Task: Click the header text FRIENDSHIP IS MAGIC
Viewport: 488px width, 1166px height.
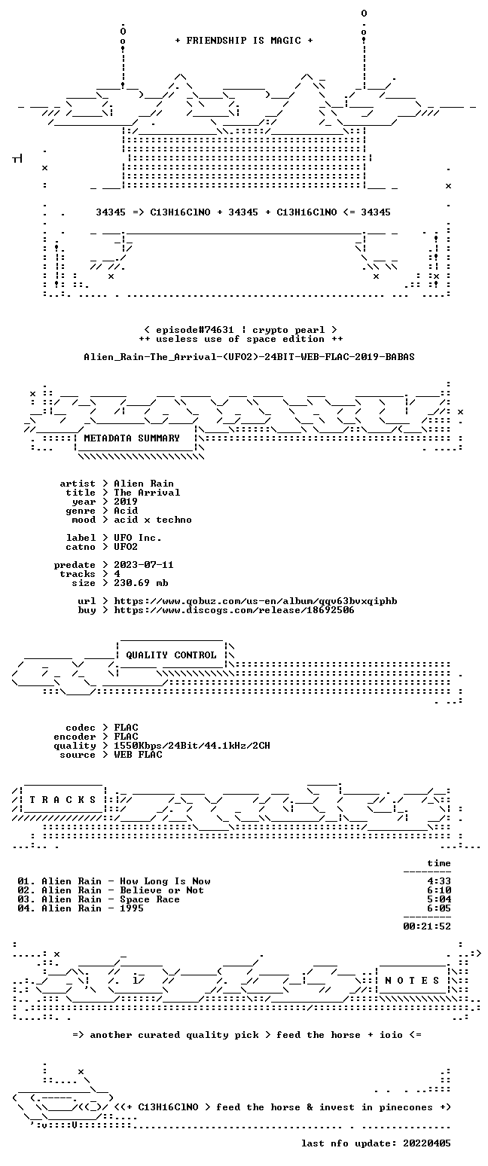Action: pos(244,41)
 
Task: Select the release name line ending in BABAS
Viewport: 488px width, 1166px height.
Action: pos(249,357)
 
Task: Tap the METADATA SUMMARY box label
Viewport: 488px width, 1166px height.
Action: pos(132,438)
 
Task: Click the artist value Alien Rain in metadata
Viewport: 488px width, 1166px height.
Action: pos(144,484)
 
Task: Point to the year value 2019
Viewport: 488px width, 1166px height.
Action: pos(126,502)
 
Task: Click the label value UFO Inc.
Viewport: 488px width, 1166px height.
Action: pos(138,538)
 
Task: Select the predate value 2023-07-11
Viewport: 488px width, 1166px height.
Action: pos(144,565)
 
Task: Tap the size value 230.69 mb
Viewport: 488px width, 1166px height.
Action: pos(141,583)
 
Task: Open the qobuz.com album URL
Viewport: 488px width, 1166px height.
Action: pos(255,601)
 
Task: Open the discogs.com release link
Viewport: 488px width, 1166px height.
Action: pos(234,610)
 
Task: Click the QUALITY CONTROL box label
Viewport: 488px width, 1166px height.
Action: pos(171,655)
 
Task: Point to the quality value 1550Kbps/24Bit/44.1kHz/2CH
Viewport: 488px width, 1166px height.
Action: pos(192,746)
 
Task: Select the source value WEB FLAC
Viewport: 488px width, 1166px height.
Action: pos(138,755)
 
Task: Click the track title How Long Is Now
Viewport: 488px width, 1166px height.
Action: pos(165,881)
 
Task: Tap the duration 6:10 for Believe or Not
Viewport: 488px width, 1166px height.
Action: pos(439,890)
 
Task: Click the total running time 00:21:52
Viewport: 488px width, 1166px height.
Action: pos(427,926)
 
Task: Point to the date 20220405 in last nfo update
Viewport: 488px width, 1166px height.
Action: pos(427,1143)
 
